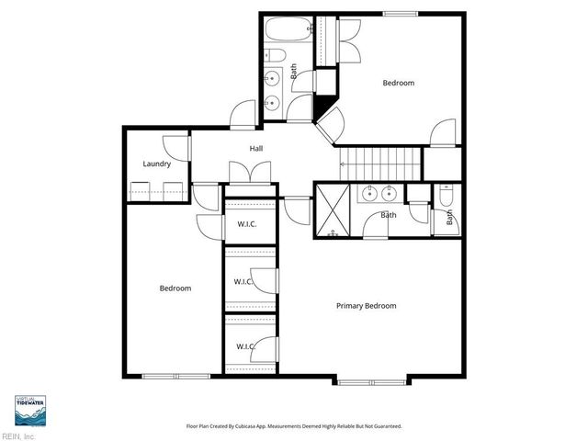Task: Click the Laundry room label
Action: click(x=157, y=164)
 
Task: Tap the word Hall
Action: click(x=257, y=149)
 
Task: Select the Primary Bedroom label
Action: click(x=366, y=306)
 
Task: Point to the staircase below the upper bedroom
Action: click(x=380, y=165)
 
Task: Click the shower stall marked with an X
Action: click(x=331, y=210)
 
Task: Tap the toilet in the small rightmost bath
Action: click(x=446, y=195)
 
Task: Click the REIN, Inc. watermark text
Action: click(x=17, y=435)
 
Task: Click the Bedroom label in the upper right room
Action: click(x=398, y=84)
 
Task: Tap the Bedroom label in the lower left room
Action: click(x=175, y=288)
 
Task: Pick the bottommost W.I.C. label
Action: click(x=243, y=346)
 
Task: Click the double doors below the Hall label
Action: click(x=249, y=172)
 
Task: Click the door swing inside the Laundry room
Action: click(x=173, y=147)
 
